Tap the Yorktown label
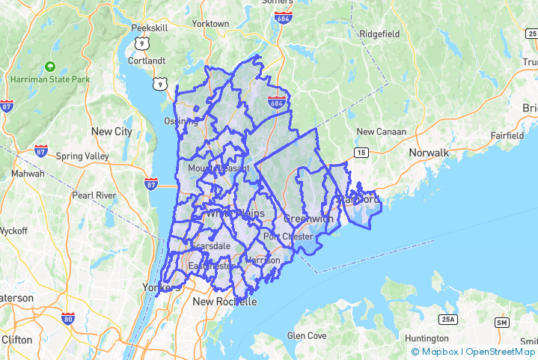click(210, 24)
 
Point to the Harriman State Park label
click(50, 79)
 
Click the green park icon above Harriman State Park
click(50, 66)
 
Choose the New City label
click(111, 132)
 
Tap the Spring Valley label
click(82, 156)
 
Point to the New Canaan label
click(381, 132)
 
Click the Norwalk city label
click(429, 153)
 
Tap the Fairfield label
click(507, 136)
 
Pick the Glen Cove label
click(307, 336)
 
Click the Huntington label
click(427, 338)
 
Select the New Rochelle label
click(224, 302)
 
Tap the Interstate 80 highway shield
click(68, 318)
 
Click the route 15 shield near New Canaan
click(361, 153)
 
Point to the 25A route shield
click(447, 320)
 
